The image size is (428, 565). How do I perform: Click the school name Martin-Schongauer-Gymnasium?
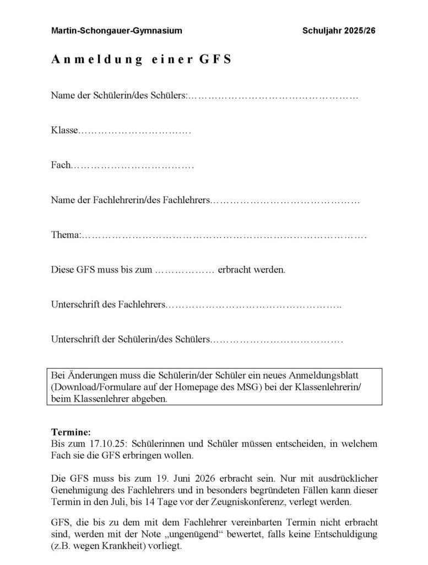click(116, 30)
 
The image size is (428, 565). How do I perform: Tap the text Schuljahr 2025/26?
click(339, 30)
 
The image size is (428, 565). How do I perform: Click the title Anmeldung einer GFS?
click(141, 60)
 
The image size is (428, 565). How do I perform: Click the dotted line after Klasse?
click(135, 131)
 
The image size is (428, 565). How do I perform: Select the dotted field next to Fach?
click(132, 166)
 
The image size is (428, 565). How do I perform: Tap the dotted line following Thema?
click(223, 236)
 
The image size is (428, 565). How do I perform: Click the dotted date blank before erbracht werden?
click(185, 270)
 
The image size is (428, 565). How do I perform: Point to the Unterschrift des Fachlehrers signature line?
click(253, 305)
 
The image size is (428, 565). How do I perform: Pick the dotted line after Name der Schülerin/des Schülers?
click(273, 97)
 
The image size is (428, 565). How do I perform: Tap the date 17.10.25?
click(106, 443)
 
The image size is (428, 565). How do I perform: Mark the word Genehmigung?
click(80, 490)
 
